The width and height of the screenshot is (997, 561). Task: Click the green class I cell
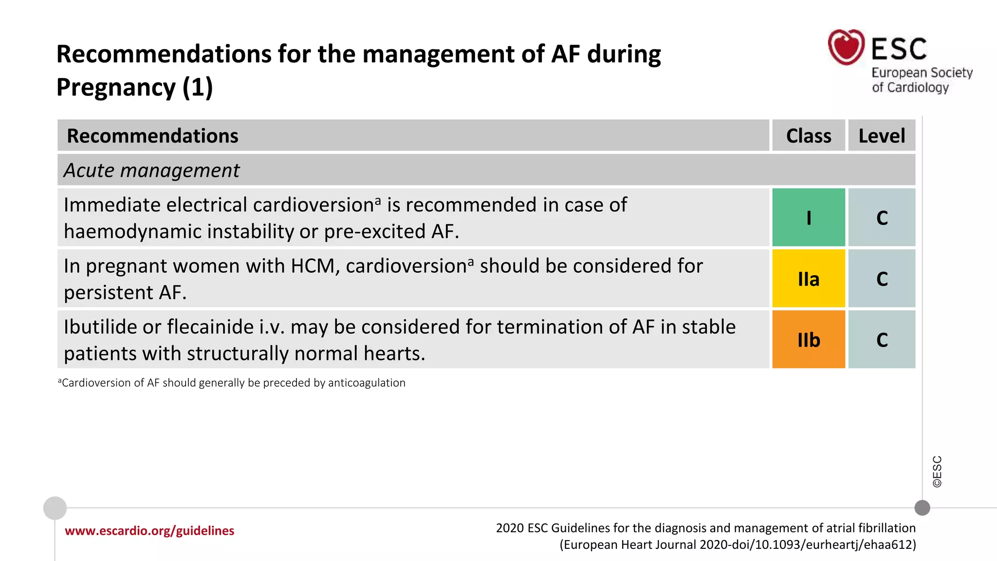(x=808, y=217)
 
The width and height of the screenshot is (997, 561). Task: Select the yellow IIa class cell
(x=808, y=279)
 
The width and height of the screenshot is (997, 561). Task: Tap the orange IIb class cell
(x=808, y=339)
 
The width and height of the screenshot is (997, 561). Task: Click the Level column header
(x=882, y=135)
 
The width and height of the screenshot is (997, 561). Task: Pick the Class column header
(x=808, y=135)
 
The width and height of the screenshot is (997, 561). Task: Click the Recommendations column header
(x=152, y=135)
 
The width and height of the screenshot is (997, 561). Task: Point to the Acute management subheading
(x=151, y=170)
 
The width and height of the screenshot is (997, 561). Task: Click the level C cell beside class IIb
(x=882, y=339)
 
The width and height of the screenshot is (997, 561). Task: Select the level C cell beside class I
(x=882, y=217)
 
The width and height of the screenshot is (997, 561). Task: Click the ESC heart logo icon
(x=846, y=47)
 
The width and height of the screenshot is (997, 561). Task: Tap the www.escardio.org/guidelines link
(x=149, y=530)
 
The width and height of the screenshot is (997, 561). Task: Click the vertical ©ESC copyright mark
(x=937, y=471)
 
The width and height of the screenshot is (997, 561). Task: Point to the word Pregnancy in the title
(x=116, y=87)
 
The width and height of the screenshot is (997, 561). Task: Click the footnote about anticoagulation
(x=232, y=383)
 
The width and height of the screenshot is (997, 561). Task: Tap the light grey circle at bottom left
(x=55, y=508)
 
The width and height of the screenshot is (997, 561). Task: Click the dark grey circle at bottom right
(x=922, y=508)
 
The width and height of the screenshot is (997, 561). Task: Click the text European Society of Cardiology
(x=921, y=80)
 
